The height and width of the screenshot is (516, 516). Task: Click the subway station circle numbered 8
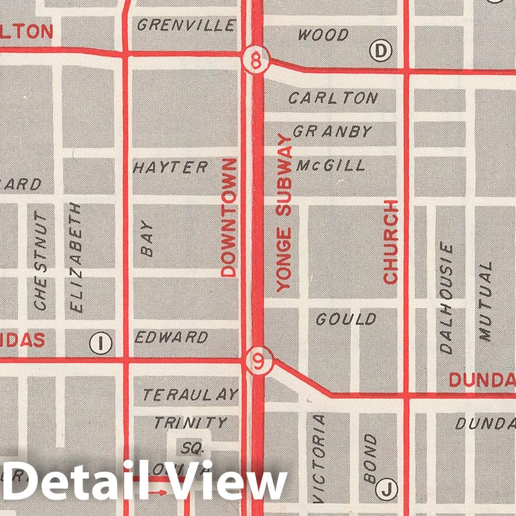(256, 61)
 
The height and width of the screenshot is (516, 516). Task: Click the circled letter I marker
(100, 343)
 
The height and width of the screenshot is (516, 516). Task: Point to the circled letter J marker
(386, 488)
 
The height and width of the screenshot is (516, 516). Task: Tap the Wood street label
(323, 35)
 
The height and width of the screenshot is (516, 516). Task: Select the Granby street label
(333, 131)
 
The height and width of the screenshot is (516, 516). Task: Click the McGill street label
(331, 165)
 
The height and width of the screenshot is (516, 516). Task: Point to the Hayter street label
(171, 167)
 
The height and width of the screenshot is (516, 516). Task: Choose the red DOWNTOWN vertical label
(229, 216)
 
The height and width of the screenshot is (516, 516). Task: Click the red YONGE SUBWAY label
(284, 212)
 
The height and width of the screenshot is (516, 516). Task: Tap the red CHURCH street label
(391, 242)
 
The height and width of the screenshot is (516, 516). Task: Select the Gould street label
(346, 320)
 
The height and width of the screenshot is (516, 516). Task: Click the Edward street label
(171, 337)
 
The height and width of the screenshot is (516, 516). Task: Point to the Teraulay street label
(190, 395)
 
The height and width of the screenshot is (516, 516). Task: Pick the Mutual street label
(486, 301)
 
